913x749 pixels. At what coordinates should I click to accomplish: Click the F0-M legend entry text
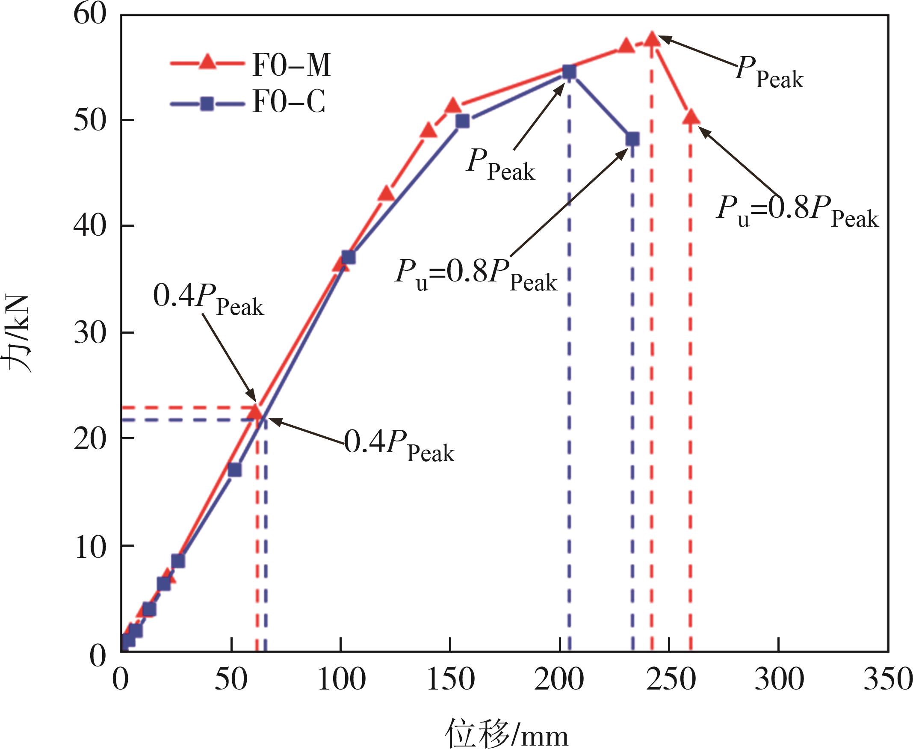pyautogui.click(x=291, y=65)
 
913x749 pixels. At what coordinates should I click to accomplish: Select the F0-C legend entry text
pyautogui.click(x=289, y=102)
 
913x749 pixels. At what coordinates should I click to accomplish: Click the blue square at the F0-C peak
pyautogui.click(x=569, y=72)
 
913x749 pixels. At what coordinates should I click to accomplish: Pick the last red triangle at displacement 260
pyautogui.click(x=691, y=117)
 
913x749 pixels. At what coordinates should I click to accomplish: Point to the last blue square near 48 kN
pyautogui.click(x=632, y=139)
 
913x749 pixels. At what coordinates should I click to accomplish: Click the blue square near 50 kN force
pyautogui.click(x=462, y=121)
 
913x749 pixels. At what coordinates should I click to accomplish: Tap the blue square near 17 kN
pyautogui.click(x=235, y=469)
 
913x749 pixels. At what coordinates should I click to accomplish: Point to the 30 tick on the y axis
pyautogui.click(x=90, y=333)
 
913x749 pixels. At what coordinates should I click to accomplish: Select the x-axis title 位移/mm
pyautogui.click(x=507, y=734)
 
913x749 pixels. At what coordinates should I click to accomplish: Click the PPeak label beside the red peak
pyautogui.click(x=769, y=73)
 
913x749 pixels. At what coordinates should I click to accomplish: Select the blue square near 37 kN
pyautogui.click(x=348, y=258)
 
